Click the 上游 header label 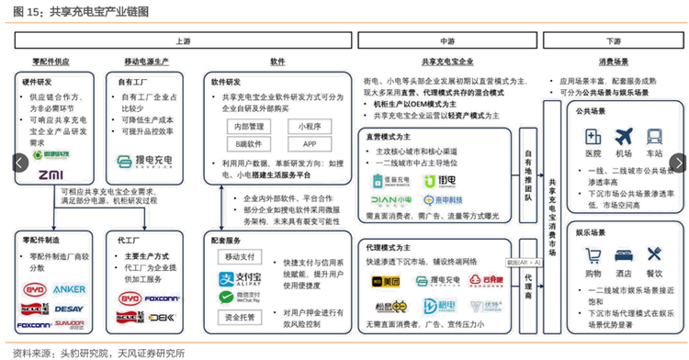(x=184, y=41)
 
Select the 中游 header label (x=447, y=41)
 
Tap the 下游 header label (x=613, y=41)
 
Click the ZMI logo (x=51, y=174)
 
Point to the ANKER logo (x=69, y=289)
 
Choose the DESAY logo (x=69, y=309)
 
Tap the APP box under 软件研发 (x=310, y=144)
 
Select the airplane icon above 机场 (x=624, y=136)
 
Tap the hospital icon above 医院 (x=593, y=136)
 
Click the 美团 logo (x=387, y=280)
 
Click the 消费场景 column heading (x=613, y=62)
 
